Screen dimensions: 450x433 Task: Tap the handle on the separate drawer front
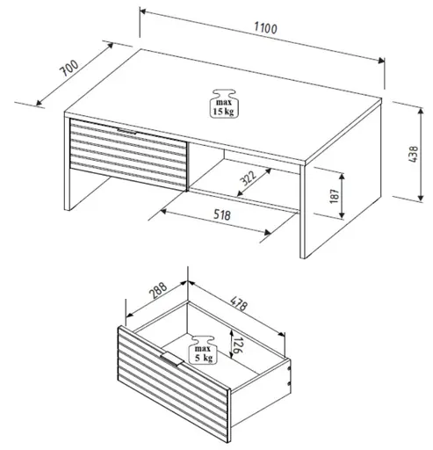pyautogui.click(x=171, y=359)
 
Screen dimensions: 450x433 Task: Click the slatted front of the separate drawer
pyautogui.click(x=171, y=391)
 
